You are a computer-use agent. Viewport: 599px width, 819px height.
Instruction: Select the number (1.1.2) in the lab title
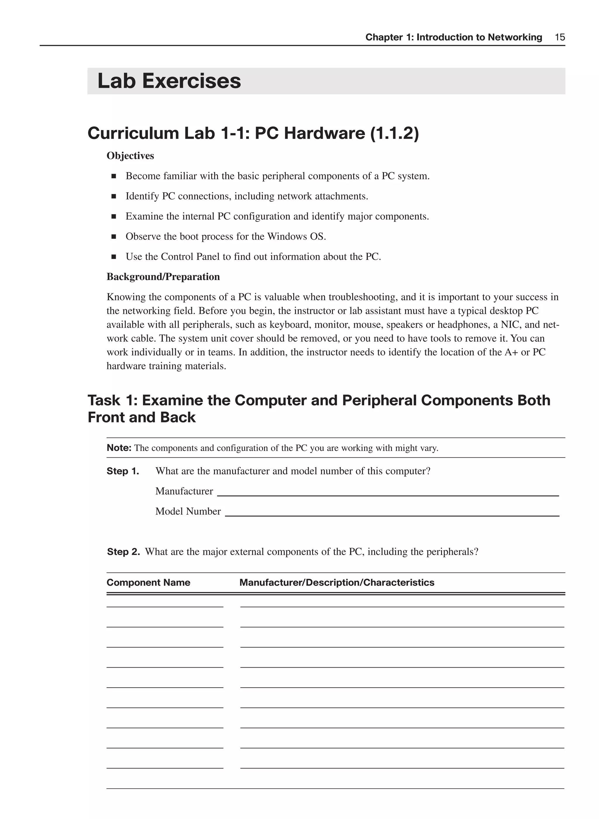394,133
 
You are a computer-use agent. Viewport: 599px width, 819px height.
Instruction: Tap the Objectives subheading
130,156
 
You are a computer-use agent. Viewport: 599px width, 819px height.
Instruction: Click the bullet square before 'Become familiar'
114,177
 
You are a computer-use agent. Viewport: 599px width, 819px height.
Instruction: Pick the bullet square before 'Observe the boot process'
114,237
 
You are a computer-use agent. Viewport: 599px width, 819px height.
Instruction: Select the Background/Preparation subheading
163,277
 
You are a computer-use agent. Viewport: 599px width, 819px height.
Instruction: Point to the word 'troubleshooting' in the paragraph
362,297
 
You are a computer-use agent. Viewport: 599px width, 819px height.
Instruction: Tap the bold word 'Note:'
119,448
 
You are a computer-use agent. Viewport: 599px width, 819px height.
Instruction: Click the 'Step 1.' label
123,471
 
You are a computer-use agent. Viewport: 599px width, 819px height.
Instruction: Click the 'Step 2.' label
123,552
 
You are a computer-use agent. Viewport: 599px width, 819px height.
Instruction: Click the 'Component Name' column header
148,583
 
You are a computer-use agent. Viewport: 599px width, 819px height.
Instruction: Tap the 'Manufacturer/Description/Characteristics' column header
337,583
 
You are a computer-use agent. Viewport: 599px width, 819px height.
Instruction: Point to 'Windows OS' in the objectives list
296,237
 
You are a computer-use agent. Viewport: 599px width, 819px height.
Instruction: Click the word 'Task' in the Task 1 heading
104,400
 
